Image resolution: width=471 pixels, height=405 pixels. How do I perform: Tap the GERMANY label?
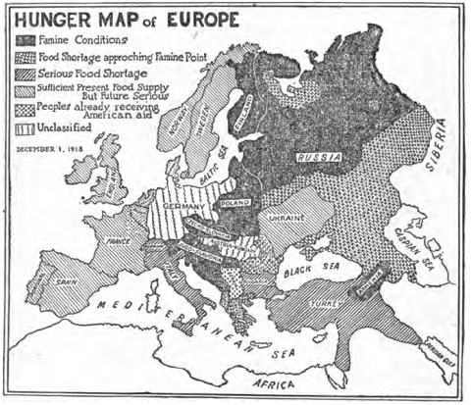tap(181, 208)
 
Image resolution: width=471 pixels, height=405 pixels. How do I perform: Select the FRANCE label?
tap(118, 240)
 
